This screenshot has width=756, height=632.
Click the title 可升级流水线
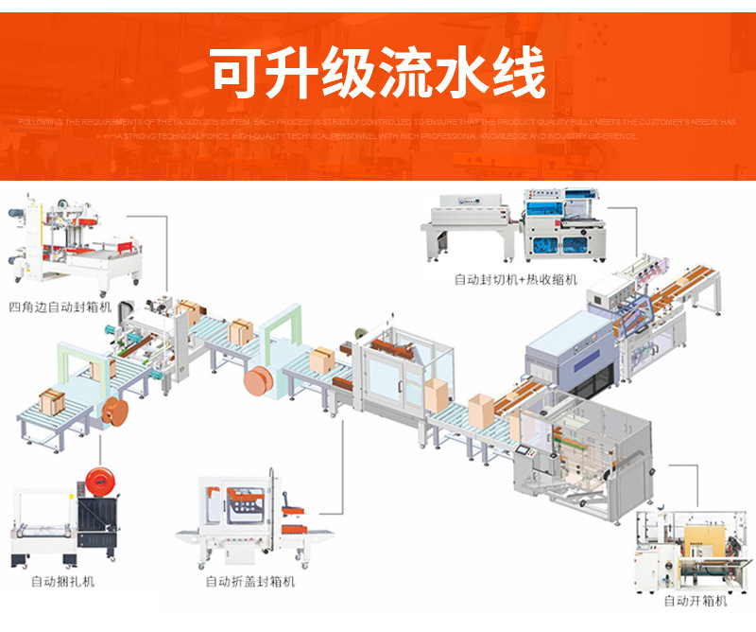[378, 74]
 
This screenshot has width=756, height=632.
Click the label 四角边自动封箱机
[60, 307]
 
